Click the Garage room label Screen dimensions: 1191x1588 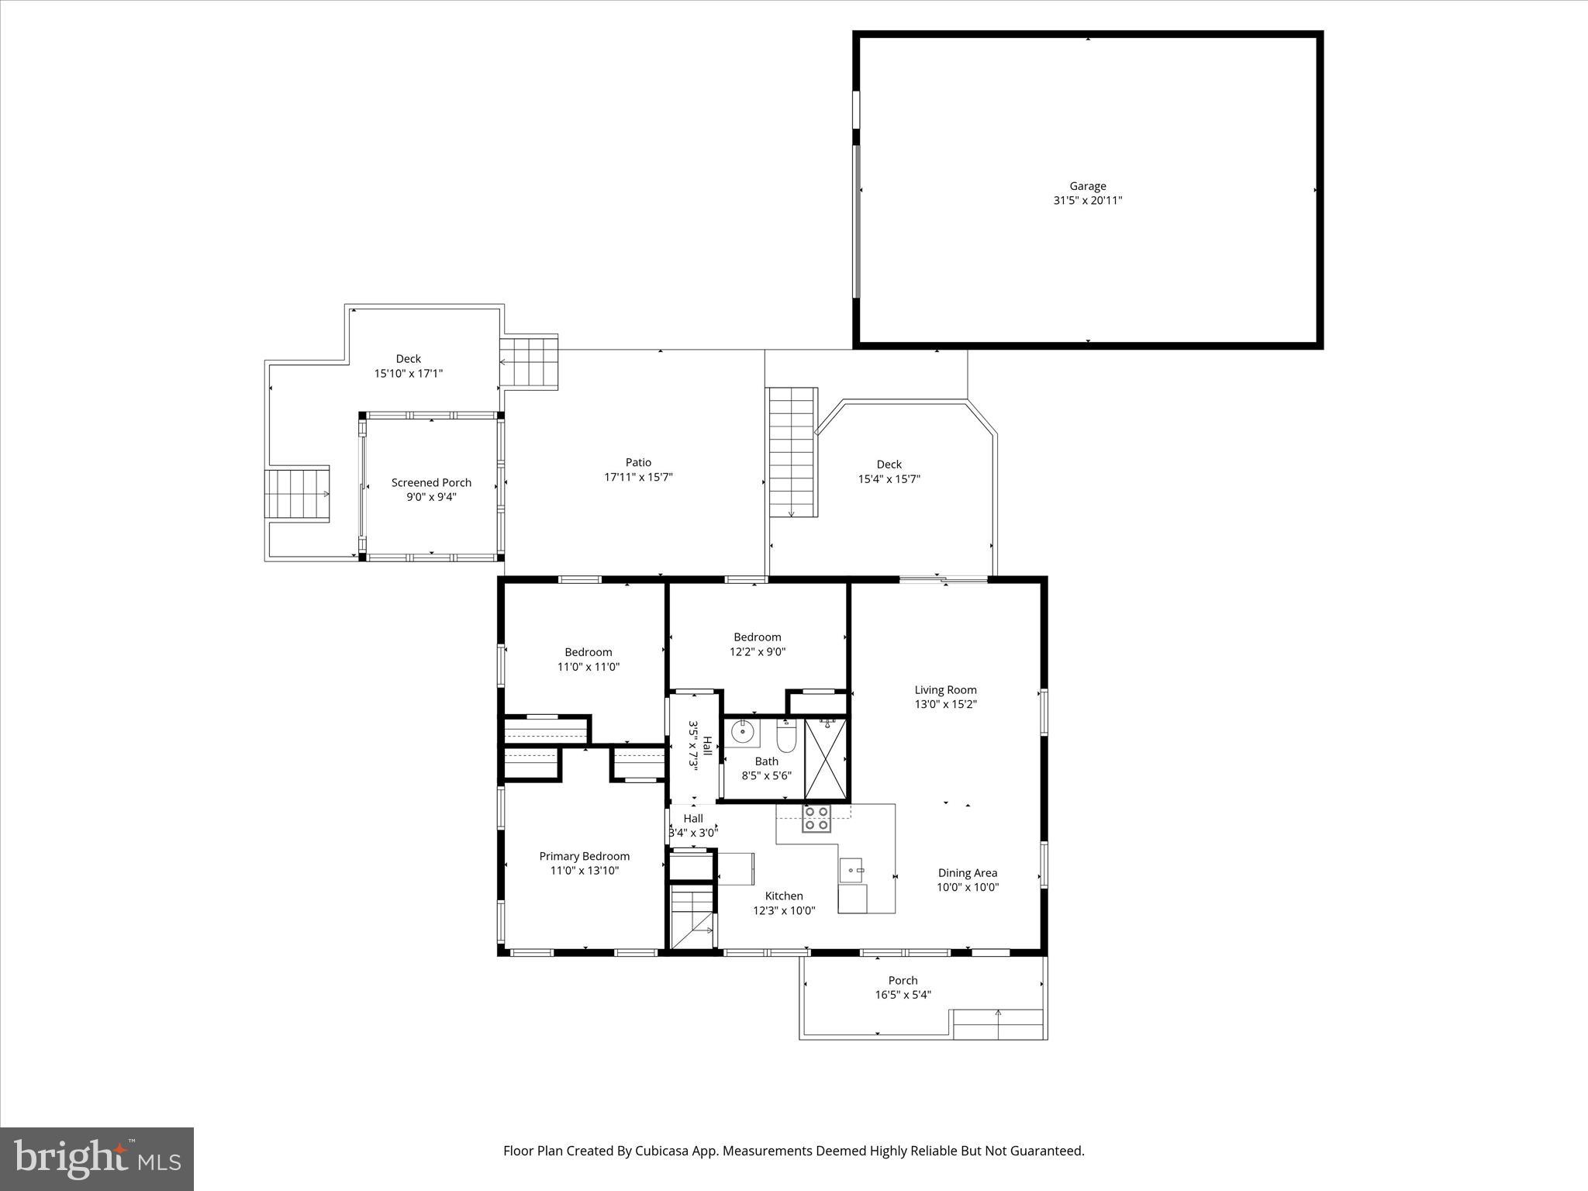1087,186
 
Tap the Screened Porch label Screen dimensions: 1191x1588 431,482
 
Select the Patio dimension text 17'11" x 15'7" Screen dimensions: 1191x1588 638,477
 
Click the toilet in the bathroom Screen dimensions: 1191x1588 786,737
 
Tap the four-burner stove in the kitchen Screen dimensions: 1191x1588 816,818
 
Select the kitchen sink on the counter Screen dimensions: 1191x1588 853,871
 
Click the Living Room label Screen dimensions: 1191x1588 945,689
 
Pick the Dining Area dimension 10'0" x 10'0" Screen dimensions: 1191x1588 968,887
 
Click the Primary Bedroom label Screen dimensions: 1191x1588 584,856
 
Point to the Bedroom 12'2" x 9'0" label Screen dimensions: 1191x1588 757,637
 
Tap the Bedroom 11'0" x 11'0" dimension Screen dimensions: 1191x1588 589,667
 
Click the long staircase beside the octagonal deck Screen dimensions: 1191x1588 792,452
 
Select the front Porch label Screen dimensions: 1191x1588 903,980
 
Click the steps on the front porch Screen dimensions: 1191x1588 998,1024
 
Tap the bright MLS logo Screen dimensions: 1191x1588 97,1158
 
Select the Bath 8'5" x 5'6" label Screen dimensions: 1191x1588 766,761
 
